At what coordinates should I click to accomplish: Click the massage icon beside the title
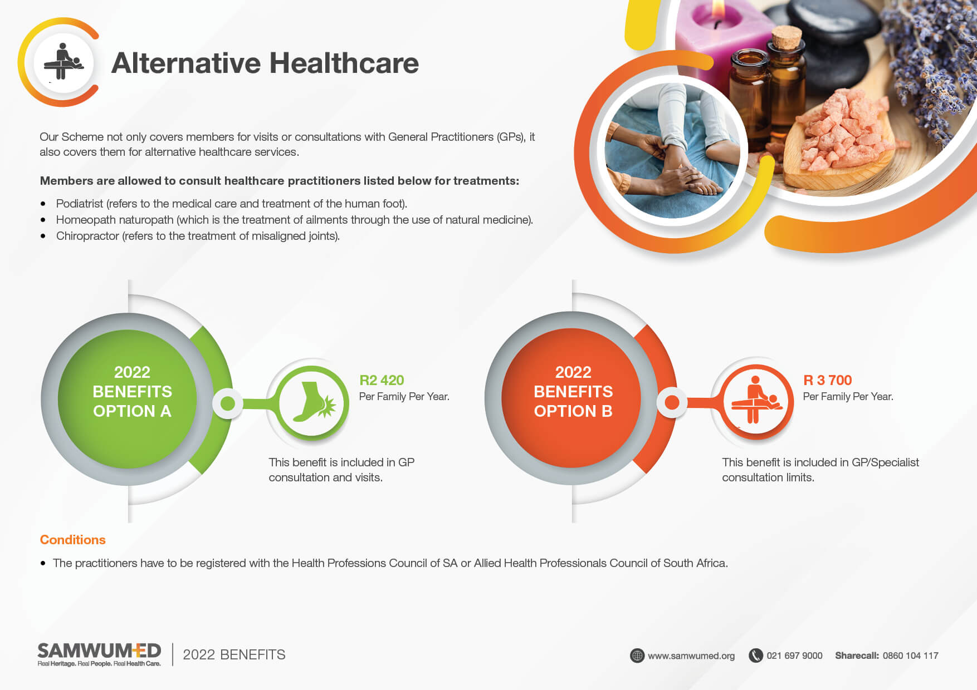pyautogui.click(x=63, y=62)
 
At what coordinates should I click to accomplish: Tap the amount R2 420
pyautogui.click(x=382, y=380)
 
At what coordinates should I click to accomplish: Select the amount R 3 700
pyautogui.click(x=827, y=380)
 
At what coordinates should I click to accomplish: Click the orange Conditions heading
pyautogui.click(x=72, y=540)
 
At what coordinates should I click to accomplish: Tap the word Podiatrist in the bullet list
pyautogui.click(x=79, y=204)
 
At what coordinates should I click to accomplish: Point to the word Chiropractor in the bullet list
pyautogui.click(x=87, y=236)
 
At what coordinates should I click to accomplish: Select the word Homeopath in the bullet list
pyautogui.click(x=86, y=220)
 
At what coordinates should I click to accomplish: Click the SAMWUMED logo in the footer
pyautogui.click(x=99, y=654)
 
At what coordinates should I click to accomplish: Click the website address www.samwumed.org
pyautogui.click(x=691, y=655)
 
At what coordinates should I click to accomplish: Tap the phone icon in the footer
pyautogui.click(x=755, y=655)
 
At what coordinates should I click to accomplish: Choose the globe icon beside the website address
pyautogui.click(x=637, y=655)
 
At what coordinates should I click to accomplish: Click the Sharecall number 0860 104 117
pyautogui.click(x=910, y=655)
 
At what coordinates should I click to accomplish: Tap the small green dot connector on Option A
pyautogui.click(x=228, y=403)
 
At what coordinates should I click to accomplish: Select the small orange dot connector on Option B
pyautogui.click(x=672, y=402)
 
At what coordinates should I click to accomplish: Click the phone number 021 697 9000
pyautogui.click(x=794, y=655)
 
